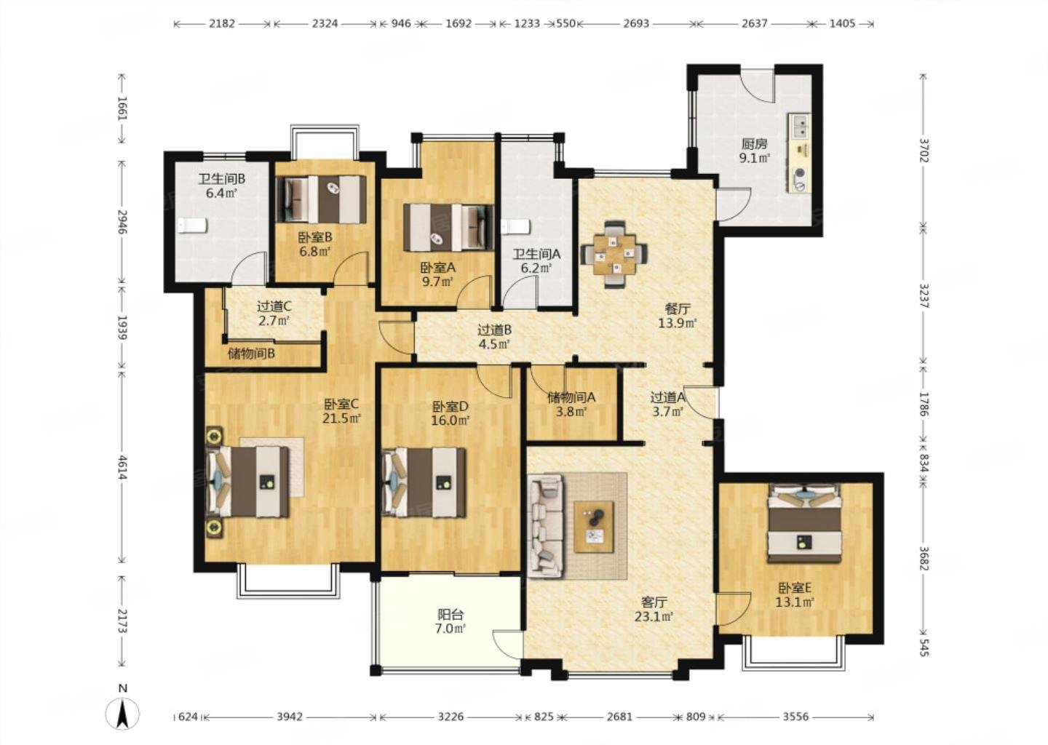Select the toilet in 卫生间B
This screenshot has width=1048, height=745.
tap(192, 225)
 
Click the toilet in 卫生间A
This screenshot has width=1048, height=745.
tap(515, 226)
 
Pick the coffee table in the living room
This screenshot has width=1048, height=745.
tap(594, 527)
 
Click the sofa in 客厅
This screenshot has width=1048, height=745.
tap(546, 527)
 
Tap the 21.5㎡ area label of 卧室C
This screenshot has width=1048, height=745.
tap(341, 418)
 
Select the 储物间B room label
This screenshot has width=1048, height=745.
tap(251, 354)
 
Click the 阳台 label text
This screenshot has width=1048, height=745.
tap(450, 614)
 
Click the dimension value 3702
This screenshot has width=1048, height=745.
tap(924, 150)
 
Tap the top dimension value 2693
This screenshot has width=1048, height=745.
tap(636, 23)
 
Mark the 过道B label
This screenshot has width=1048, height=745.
tap(494, 330)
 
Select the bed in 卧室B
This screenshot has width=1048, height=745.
tap(322, 199)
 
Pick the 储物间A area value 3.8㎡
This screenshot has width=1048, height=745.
tap(572, 412)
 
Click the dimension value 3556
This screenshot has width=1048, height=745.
tap(795, 717)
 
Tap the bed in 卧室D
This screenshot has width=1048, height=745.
tap(424, 482)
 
